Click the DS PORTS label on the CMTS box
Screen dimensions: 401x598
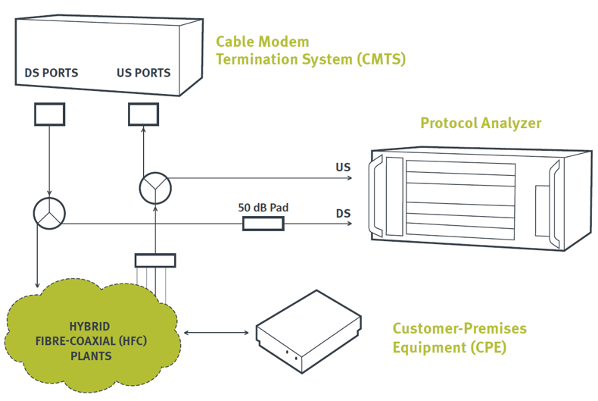click(51, 74)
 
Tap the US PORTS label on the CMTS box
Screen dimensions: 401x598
click(143, 74)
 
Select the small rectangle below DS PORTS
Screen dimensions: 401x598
click(50, 114)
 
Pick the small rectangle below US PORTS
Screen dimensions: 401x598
click(143, 114)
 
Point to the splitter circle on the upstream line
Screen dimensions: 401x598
click(155, 186)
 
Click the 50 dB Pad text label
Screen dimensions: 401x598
click(263, 208)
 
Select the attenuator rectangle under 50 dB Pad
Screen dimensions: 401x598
click(263, 224)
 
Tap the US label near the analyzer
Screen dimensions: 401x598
click(343, 167)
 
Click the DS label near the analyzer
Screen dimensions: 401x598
click(343, 214)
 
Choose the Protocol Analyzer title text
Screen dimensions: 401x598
click(481, 123)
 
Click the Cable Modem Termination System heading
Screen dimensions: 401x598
click(310, 50)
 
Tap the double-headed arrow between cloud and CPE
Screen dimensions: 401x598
click(216, 332)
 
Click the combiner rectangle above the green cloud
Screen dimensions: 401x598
click(154, 260)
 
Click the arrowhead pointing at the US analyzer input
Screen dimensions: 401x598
click(350, 178)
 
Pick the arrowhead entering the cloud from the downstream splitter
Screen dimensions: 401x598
click(36, 284)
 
